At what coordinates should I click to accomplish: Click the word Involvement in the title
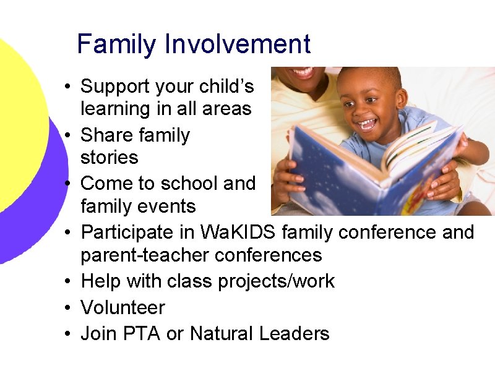238,45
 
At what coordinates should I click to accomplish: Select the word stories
109,158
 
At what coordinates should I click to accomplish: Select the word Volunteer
123,307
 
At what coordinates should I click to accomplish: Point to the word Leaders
294,334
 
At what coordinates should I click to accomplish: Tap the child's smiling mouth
367,124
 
